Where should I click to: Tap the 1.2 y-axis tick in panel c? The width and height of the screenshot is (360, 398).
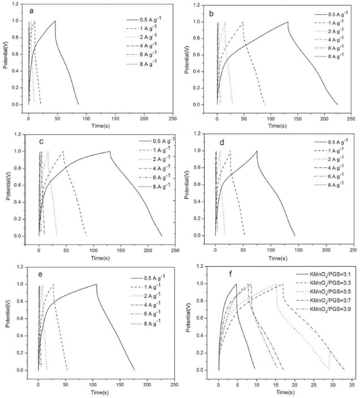(x=19, y=135)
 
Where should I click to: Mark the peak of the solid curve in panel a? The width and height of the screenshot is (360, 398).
(x=55, y=21)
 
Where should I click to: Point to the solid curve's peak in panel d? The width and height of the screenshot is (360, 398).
(x=257, y=151)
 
